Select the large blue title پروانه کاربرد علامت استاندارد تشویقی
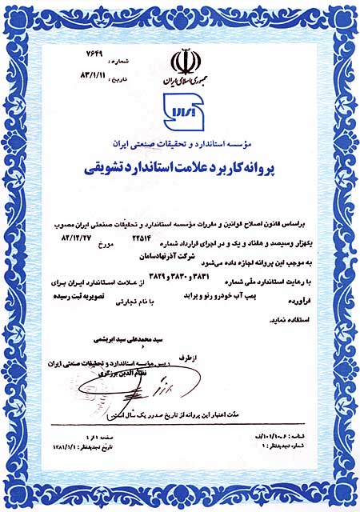[181, 170]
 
